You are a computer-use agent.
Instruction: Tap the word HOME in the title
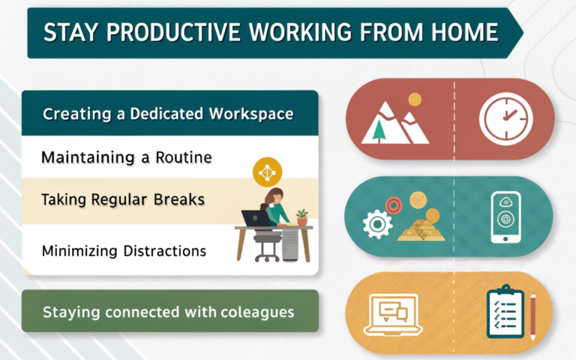465,32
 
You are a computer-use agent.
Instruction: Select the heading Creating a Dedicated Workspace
168,114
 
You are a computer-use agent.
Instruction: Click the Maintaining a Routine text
127,157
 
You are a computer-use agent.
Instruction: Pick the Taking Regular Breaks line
123,199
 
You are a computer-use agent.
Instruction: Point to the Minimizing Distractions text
124,251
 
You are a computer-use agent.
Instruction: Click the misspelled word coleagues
257,312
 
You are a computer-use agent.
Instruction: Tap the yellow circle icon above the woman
268,172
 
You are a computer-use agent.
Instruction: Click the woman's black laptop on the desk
256,218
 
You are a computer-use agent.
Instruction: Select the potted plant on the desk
302,217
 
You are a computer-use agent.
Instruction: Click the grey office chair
267,245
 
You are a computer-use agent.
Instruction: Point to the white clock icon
505,118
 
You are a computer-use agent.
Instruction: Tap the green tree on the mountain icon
379,130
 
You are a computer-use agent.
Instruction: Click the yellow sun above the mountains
415,99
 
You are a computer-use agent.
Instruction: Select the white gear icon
377,224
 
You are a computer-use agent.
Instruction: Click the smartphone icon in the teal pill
505,217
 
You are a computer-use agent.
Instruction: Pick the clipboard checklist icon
505,310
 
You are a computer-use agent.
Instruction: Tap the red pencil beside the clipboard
533,316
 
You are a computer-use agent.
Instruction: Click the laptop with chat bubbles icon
393,315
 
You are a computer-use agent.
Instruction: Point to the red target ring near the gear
394,205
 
